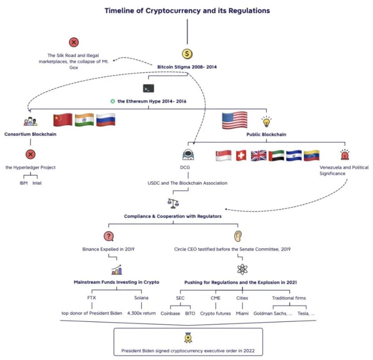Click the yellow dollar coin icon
[x=187, y=54]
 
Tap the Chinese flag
[x=63, y=120]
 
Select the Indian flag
[x=84, y=120]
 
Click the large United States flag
[x=234, y=120]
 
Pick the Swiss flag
[x=241, y=155]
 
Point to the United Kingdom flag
[x=258, y=155]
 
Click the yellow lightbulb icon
[x=266, y=122]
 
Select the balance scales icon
[x=173, y=203]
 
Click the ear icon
[x=238, y=236]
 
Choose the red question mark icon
[x=109, y=236]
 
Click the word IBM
[x=24, y=183]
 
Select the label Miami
[x=242, y=313]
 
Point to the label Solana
[x=142, y=298]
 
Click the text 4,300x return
[x=142, y=313]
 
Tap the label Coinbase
[x=170, y=313]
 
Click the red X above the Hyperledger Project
[x=30, y=155]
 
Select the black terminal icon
[x=148, y=89]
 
